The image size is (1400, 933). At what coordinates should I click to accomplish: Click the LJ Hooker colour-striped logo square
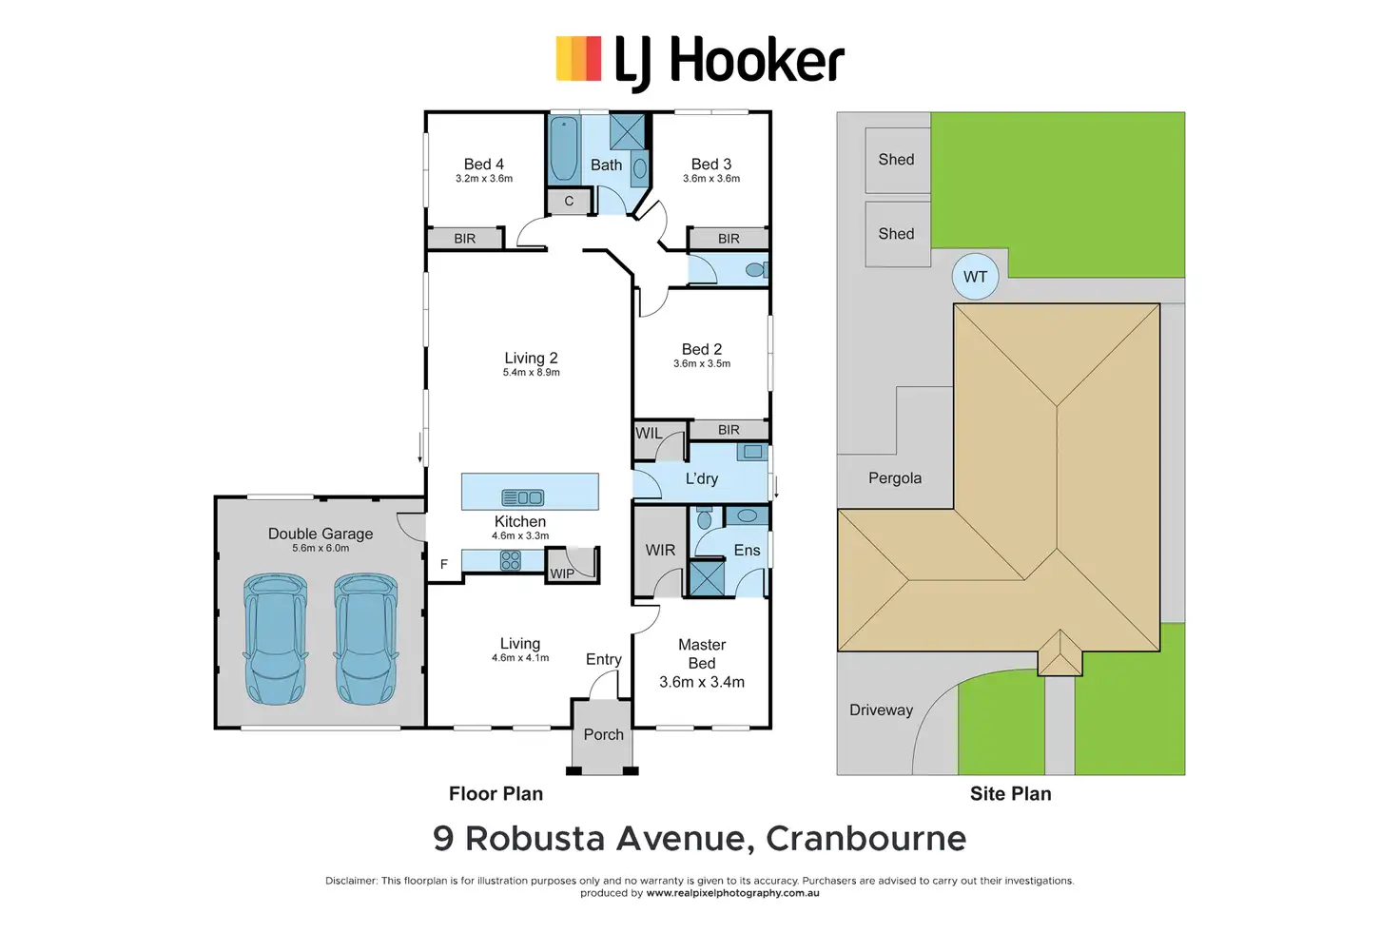pyautogui.click(x=578, y=59)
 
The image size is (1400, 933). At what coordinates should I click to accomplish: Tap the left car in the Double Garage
pyautogui.click(x=275, y=639)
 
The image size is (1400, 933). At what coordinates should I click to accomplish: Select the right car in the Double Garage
pyautogui.click(x=365, y=639)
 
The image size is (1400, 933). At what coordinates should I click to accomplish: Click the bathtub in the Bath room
pyautogui.click(x=564, y=148)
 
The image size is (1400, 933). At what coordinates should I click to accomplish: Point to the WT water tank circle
pyautogui.click(x=975, y=276)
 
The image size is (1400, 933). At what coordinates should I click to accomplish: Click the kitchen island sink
pyautogui.click(x=522, y=497)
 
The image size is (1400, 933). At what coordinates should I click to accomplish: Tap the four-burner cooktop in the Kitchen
pyautogui.click(x=510, y=560)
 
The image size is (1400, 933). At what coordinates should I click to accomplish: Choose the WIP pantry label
pyautogui.click(x=562, y=573)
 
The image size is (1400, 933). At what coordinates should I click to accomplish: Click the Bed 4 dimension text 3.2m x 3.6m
pyautogui.click(x=484, y=179)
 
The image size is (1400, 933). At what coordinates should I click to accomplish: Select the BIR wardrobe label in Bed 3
pyautogui.click(x=729, y=239)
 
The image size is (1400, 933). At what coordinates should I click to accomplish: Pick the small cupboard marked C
pyautogui.click(x=569, y=202)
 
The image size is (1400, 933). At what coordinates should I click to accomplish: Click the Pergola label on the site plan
pyautogui.click(x=895, y=478)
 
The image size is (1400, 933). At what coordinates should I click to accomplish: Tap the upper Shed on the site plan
pyautogui.click(x=898, y=160)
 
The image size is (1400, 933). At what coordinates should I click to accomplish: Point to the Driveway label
pyautogui.click(x=882, y=709)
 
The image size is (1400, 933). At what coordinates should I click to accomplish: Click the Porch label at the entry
pyautogui.click(x=604, y=734)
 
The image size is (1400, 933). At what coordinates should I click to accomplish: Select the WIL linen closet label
pyautogui.click(x=649, y=433)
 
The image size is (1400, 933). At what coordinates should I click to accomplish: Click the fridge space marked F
pyautogui.click(x=444, y=564)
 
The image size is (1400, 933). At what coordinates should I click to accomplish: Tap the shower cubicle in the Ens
pyautogui.click(x=707, y=578)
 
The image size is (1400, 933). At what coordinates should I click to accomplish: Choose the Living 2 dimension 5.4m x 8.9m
pyautogui.click(x=532, y=373)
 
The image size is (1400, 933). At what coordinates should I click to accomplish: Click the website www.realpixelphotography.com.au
pyautogui.click(x=732, y=893)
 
